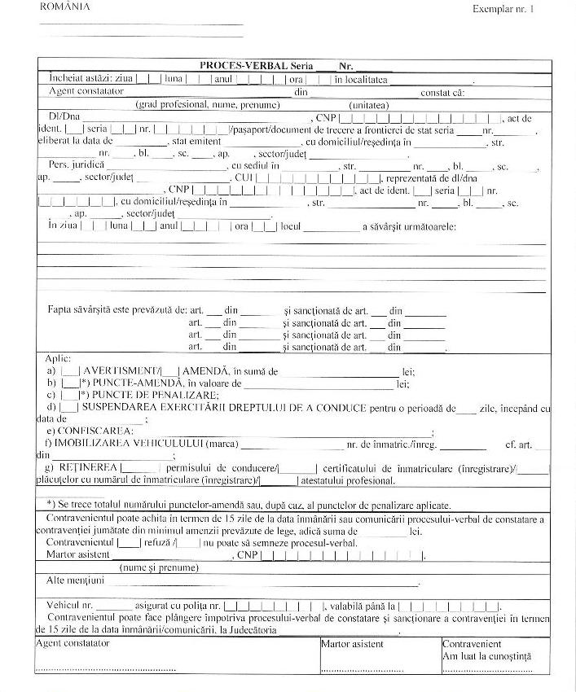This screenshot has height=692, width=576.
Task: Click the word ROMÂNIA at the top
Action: click(64, 7)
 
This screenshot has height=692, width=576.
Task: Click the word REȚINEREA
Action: click(86, 468)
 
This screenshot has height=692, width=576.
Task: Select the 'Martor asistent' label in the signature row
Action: click(353, 644)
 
